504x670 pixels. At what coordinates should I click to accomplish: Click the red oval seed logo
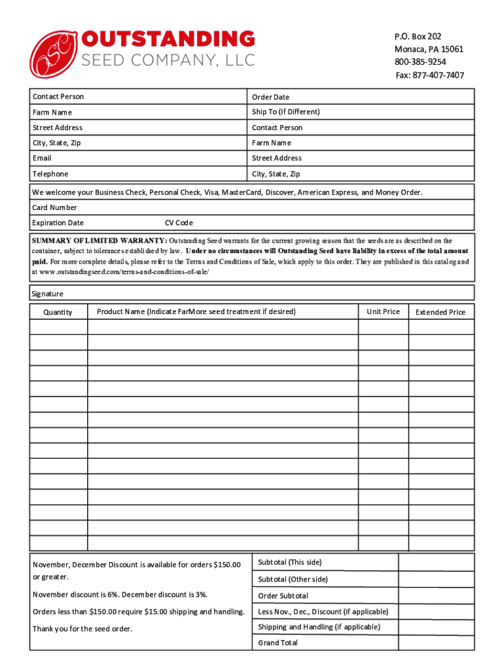[54, 54]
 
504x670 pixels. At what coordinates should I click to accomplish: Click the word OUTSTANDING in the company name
[168, 39]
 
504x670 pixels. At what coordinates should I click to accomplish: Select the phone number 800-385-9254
[420, 62]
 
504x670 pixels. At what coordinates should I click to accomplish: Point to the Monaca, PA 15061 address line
[429, 49]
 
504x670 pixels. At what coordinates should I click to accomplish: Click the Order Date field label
[270, 97]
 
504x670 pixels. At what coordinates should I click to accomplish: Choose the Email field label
[42, 158]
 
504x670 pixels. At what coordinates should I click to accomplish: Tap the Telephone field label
[50, 174]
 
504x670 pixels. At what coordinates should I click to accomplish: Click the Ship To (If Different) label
[286, 112]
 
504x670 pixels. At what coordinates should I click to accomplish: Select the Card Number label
[55, 207]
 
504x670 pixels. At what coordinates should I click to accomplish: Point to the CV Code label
[179, 223]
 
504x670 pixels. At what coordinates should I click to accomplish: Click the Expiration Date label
[58, 223]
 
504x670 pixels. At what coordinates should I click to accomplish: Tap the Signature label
[48, 294]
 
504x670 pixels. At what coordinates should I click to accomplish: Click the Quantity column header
[58, 312]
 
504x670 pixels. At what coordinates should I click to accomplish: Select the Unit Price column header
[383, 311]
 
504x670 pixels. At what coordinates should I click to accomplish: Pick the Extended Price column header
[441, 312]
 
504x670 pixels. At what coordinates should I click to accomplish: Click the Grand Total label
[278, 643]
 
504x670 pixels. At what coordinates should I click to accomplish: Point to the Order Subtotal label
[283, 596]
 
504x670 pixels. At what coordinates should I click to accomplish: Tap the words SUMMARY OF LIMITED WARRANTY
[99, 241]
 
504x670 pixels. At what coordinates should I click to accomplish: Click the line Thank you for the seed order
[82, 629]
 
